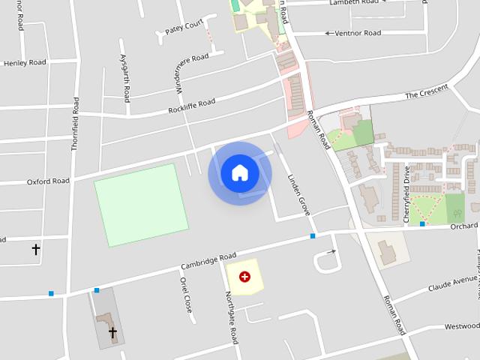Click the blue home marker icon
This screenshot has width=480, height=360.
coord(239,173)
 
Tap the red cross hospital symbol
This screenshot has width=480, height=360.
coord(244,277)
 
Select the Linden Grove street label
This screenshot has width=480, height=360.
coord(298,196)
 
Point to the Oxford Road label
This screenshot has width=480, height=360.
coord(48,181)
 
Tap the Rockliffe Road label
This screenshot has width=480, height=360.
coord(191,106)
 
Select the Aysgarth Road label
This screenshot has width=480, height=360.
coord(126,78)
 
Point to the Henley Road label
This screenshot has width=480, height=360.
coord(25,63)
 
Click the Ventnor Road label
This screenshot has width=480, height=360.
coord(358,33)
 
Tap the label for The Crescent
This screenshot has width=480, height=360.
coord(426,94)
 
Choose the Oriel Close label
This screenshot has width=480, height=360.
coord(186,294)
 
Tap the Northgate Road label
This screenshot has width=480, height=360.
coord(232,317)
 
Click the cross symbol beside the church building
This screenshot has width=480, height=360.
coord(112,331)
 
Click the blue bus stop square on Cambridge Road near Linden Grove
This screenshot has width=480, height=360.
coord(313,236)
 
